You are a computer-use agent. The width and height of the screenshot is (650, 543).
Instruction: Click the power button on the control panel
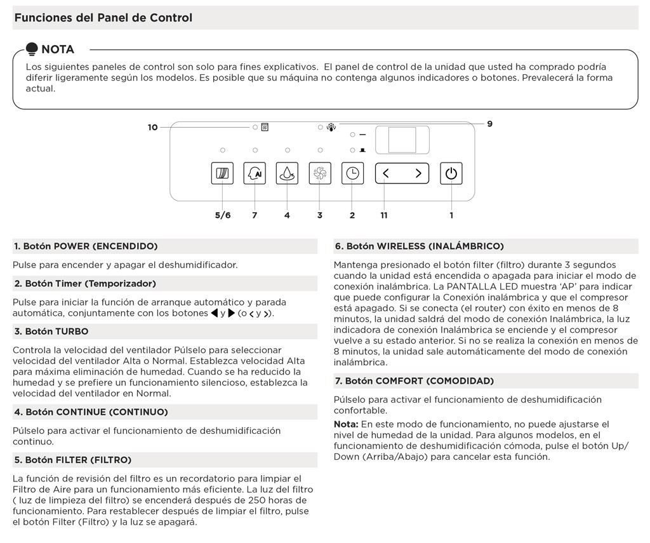[451, 173]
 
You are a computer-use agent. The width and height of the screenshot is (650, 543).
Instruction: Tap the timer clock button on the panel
[352, 173]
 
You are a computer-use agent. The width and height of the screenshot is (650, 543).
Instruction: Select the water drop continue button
[287, 173]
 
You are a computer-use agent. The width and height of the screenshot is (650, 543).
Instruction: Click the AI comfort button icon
[255, 173]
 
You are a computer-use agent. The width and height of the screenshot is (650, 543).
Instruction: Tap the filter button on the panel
[222, 173]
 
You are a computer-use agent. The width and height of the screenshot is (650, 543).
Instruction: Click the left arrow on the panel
[387, 173]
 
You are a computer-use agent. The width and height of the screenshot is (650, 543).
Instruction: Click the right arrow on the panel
[418, 173]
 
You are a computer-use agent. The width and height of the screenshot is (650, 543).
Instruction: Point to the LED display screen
[402, 140]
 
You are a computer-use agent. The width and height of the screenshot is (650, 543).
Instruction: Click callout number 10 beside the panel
[152, 128]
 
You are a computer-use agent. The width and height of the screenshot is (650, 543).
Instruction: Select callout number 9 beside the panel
[489, 124]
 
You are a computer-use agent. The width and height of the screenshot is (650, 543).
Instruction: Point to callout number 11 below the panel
[384, 215]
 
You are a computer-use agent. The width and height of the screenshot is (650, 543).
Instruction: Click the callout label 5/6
[223, 215]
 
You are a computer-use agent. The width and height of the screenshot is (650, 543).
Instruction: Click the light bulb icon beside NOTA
[32, 49]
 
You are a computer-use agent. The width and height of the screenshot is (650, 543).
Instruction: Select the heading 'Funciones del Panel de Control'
[103, 18]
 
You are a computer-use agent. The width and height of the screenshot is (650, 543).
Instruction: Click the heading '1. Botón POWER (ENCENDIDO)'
[86, 246]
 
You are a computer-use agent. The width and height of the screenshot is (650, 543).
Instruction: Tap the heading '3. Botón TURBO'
[51, 332]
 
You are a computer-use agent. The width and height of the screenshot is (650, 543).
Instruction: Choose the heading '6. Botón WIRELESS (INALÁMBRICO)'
[419, 246]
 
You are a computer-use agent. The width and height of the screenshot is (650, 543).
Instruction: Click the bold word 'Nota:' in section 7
[346, 424]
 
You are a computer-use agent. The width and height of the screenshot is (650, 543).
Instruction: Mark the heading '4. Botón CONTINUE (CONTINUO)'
[91, 412]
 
